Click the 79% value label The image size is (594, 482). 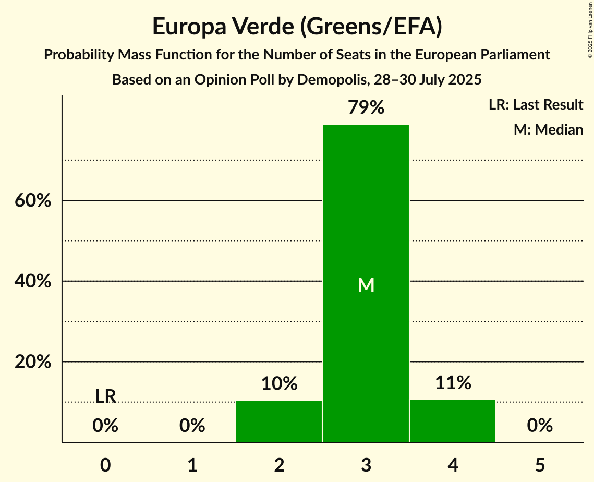(x=366, y=108)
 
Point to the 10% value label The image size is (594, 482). (x=279, y=384)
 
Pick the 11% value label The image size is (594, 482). (x=453, y=383)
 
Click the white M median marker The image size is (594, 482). (x=366, y=285)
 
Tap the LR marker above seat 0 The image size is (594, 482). (x=105, y=396)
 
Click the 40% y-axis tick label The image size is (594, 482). (x=33, y=281)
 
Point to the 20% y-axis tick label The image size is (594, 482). (x=33, y=362)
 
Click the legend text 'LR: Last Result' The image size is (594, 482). (x=536, y=105)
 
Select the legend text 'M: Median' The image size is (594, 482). (x=548, y=129)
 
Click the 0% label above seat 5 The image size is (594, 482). (x=540, y=426)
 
